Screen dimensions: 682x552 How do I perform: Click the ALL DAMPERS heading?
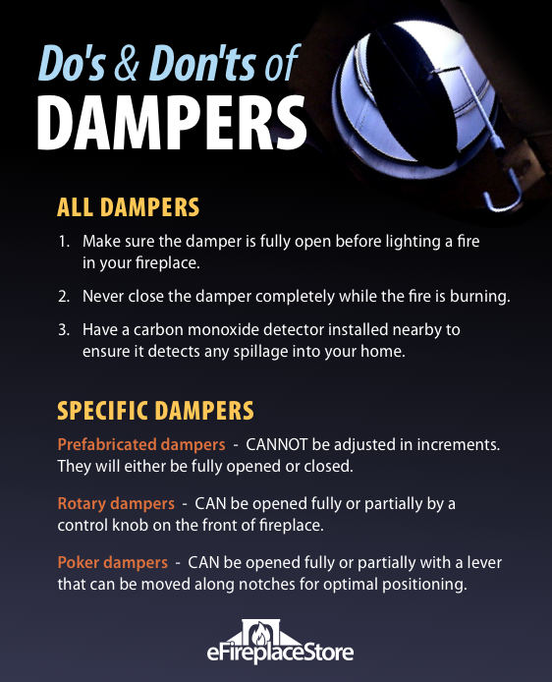click(128, 207)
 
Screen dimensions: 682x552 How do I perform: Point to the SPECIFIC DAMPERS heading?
click(156, 409)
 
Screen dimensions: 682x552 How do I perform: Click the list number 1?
click(65, 242)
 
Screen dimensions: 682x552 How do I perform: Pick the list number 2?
click(65, 297)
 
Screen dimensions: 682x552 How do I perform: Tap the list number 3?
click(65, 329)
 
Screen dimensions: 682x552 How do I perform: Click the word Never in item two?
click(104, 297)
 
